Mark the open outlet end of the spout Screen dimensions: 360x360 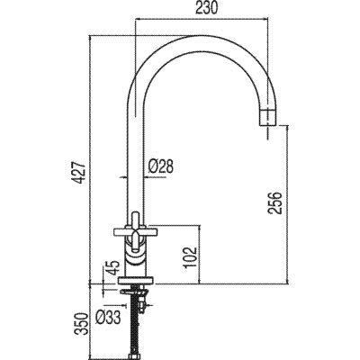(267, 118)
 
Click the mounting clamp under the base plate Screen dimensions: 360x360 (140, 293)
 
